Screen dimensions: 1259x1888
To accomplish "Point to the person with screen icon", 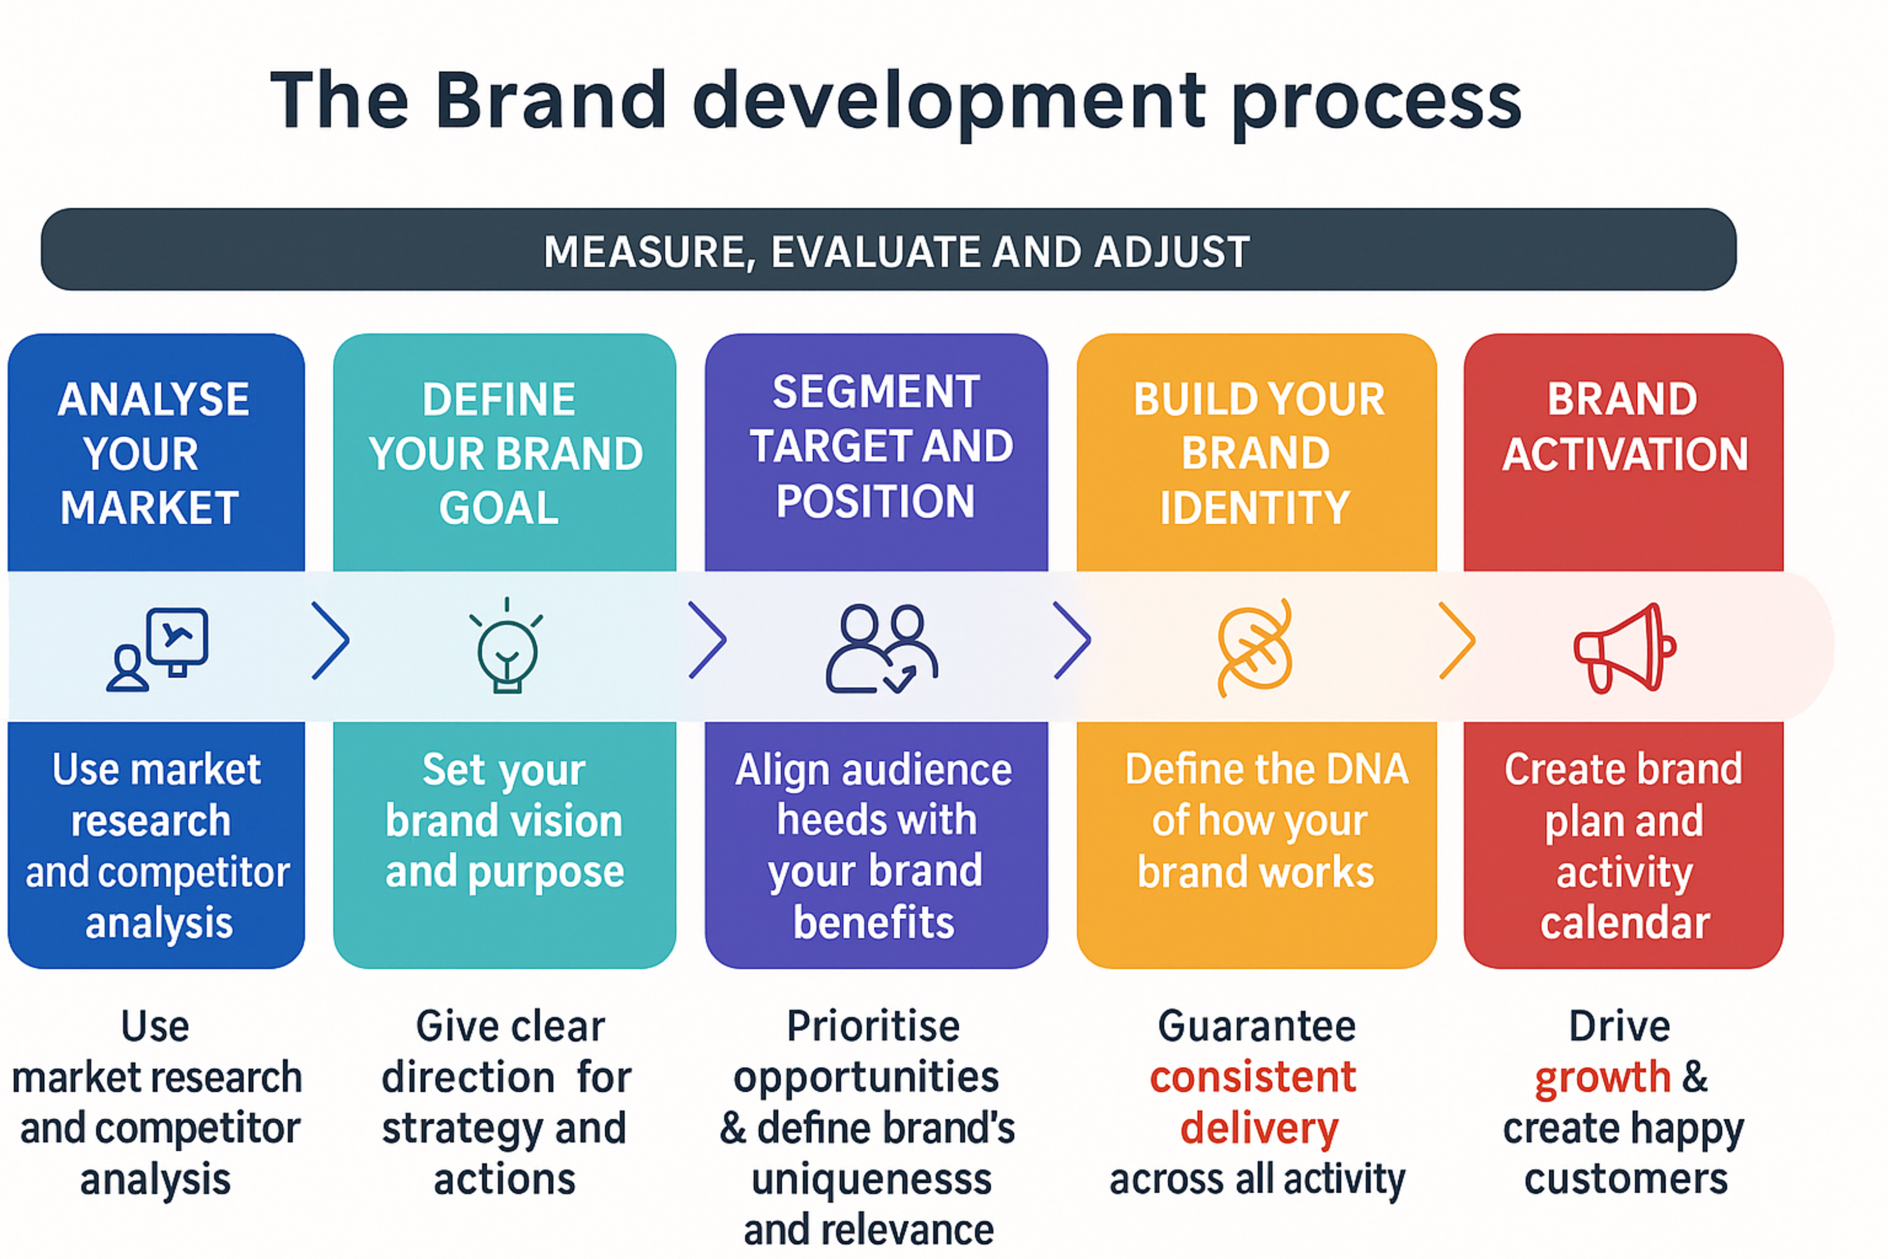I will coord(158,649).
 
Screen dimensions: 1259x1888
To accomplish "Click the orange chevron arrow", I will coord(1457,641).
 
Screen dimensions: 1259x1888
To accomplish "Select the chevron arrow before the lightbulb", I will coord(330,641).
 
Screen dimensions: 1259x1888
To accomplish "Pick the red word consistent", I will coord(1253,1077).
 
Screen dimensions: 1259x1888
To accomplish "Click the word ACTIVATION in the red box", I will coord(1624,453).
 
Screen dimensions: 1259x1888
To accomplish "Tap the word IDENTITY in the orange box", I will coord(1255,508).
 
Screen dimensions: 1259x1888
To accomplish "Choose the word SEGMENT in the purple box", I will coord(876,392).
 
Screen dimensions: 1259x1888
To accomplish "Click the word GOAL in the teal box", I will coord(499,508).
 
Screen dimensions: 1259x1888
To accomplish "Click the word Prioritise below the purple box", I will coord(873,1026).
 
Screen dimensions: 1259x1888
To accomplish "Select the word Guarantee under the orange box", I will coord(1256,1026).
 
